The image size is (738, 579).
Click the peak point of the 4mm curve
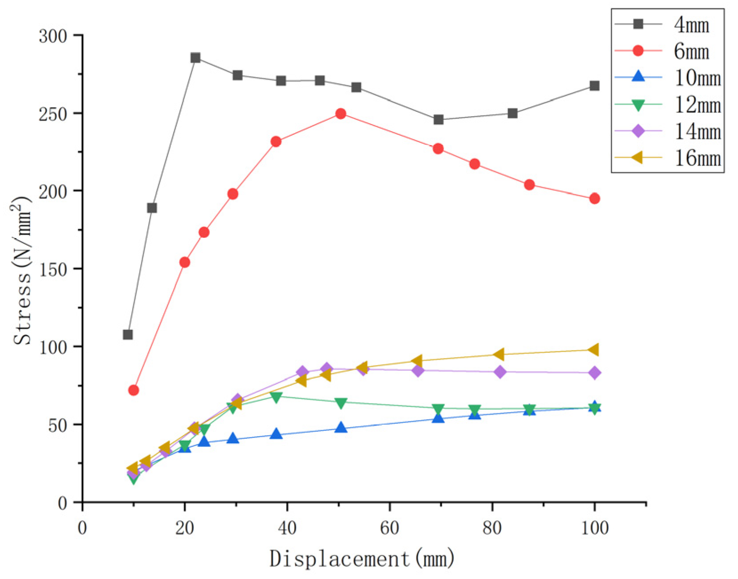pyautogui.click(x=195, y=58)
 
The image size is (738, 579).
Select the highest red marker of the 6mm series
pyautogui.click(x=341, y=114)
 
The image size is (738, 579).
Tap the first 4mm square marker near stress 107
pyautogui.click(x=128, y=335)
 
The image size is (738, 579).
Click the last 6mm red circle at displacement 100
pyautogui.click(x=594, y=199)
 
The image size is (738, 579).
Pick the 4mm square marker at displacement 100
pyautogui.click(x=594, y=86)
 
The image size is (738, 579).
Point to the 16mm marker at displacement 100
pyautogui.click(x=593, y=350)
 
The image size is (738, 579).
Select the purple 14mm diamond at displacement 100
pyautogui.click(x=594, y=373)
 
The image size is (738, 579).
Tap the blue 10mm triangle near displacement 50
pyautogui.click(x=341, y=427)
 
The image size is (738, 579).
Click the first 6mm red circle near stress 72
pyautogui.click(x=133, y=390)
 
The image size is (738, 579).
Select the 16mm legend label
pyautogui.click(x=698, y=158)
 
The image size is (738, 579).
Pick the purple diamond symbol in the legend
pyautogui.click(x=638, y=131)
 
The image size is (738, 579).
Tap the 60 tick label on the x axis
pyautogui.click(x=390, y=528)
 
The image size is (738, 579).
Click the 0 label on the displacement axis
pyautogui.click(x=82, y=528)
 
